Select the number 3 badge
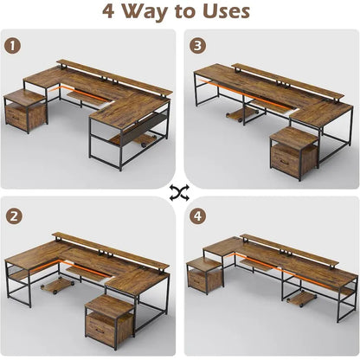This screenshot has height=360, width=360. (198, 44)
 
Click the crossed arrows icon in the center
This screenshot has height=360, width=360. (179, 190)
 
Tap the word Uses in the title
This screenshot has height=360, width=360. (222, 12)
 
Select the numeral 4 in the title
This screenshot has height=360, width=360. (110, 12)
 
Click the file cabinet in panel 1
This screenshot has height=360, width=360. (26, 111)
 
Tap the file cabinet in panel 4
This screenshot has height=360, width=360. (206, 275)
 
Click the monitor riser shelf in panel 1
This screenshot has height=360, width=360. (112, 76)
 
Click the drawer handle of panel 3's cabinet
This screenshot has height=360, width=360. (284, 161)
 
